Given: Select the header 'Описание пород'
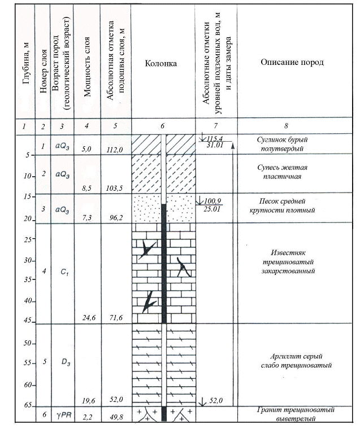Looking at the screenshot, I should click(292, 62).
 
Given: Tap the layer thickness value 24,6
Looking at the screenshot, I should click(89, 318).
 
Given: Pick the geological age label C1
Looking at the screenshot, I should click(64, 272).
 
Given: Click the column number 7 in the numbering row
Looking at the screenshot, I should click(215, 126).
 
